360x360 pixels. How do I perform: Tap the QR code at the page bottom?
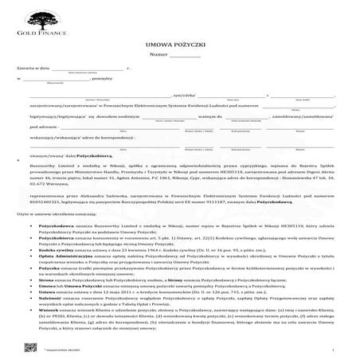(30, 345)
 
